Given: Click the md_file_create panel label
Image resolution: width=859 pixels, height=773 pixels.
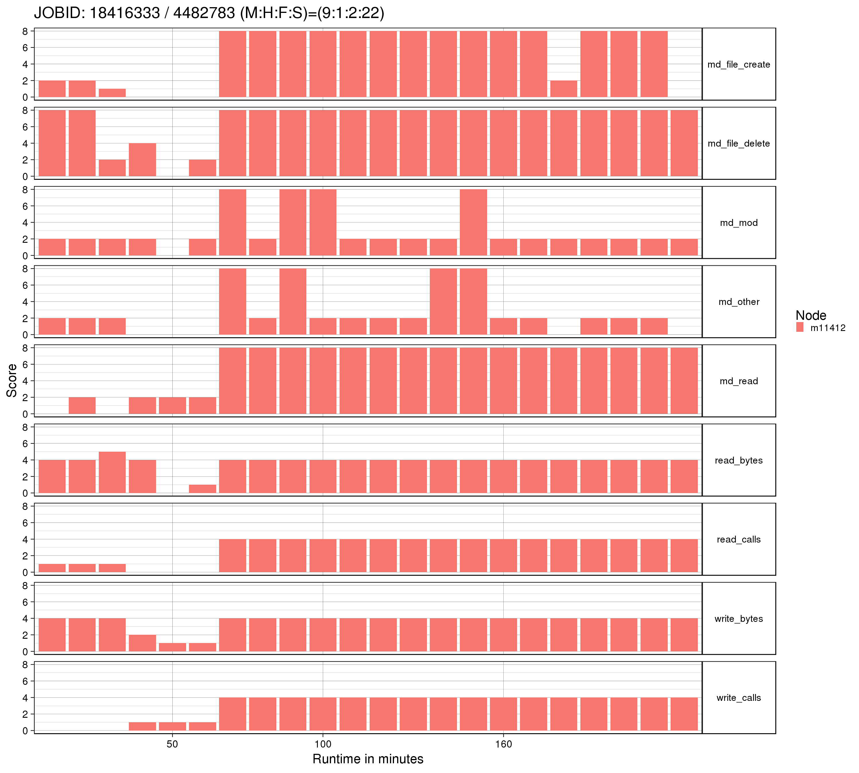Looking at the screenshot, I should (738, 64).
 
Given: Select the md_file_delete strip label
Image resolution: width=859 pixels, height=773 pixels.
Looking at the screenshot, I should (738, 143).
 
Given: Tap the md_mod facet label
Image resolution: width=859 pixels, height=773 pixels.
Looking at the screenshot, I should (738, 223).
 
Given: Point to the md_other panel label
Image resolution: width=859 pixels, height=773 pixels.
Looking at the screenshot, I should (738, 302).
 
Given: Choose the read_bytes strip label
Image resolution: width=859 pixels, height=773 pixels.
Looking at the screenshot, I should (738, 460).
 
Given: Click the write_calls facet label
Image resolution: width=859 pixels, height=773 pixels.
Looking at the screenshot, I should (738, 698).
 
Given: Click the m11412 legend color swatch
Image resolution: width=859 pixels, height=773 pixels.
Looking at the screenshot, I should (800, 327).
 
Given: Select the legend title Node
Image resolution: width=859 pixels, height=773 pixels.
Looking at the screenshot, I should (811, 315).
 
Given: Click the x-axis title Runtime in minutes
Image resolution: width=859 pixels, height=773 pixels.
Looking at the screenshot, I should (368, 759).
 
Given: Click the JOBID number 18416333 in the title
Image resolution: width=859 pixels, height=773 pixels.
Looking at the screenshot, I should (125, 13).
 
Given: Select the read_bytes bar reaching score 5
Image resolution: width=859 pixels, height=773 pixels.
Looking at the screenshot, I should (112, 472).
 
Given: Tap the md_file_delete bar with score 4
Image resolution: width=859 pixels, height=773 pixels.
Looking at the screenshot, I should (142, 160).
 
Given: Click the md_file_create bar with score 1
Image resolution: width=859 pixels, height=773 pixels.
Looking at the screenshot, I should (112, 93).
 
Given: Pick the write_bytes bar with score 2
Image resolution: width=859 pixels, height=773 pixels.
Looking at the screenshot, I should (142, 643).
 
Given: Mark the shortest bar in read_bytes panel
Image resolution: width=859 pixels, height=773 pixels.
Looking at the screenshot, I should (202, 489).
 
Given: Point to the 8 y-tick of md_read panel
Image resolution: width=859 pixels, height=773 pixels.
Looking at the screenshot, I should (25, 348).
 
